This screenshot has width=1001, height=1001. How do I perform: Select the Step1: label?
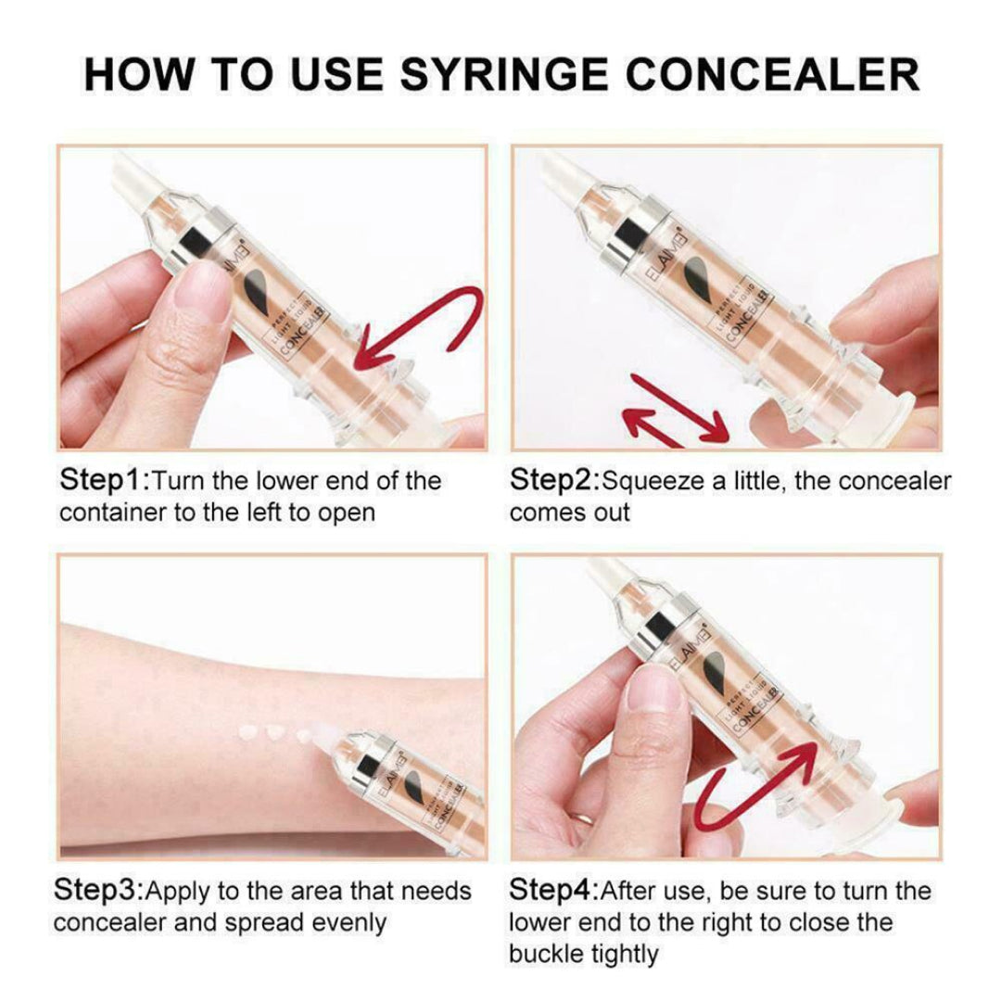(103, 481)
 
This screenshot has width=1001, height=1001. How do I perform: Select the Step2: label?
(553, 481)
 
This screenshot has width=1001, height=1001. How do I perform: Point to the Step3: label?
(98, 892)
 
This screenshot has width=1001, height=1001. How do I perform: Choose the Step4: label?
(552, 892)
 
